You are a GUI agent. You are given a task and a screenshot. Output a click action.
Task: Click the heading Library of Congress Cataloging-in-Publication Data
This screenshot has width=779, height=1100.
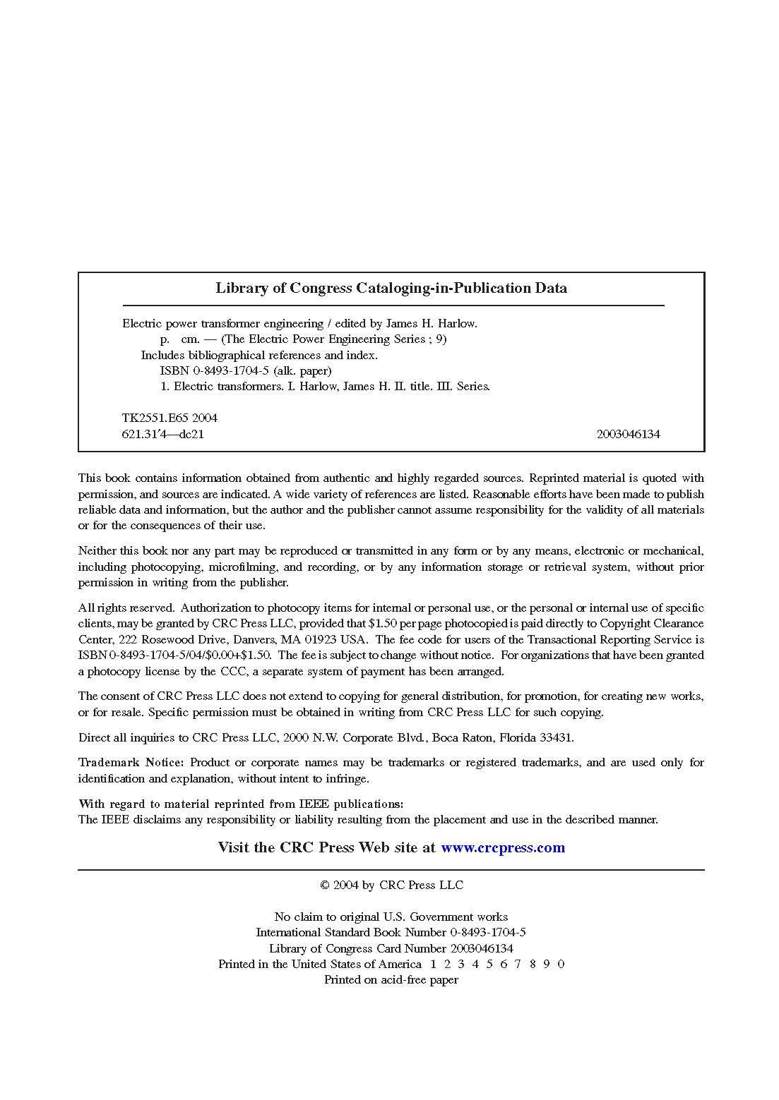click(x=391, y=288)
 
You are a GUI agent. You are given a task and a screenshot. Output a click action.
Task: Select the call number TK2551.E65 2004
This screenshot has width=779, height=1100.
click(x=170, y=418)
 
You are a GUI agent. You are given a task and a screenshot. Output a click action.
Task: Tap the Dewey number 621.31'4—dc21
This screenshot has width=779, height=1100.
click(x=162, y=434)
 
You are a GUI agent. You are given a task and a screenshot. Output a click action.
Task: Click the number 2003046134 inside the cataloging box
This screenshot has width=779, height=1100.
click(x=628, y=434)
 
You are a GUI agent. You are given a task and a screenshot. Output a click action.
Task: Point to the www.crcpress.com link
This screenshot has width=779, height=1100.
click(x=503, y=847)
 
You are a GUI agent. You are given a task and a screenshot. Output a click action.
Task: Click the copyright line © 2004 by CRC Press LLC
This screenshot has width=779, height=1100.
click(x=391, y=885)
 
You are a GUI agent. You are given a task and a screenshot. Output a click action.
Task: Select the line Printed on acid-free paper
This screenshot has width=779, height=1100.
click(x=391, y=979)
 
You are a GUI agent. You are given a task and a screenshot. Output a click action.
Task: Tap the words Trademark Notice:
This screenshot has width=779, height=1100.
click(x=131, y=763)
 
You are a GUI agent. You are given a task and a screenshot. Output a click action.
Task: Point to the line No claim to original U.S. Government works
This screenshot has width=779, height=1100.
click(x=391, y=917)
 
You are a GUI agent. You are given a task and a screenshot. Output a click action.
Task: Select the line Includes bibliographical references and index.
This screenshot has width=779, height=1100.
click(x=258, y=355)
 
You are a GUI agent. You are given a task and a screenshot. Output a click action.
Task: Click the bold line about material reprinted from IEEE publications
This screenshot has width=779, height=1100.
click(x=241, y=804)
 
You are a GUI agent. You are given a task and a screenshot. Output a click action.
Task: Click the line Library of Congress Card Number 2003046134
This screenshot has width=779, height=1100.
click(x=391, y=948)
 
